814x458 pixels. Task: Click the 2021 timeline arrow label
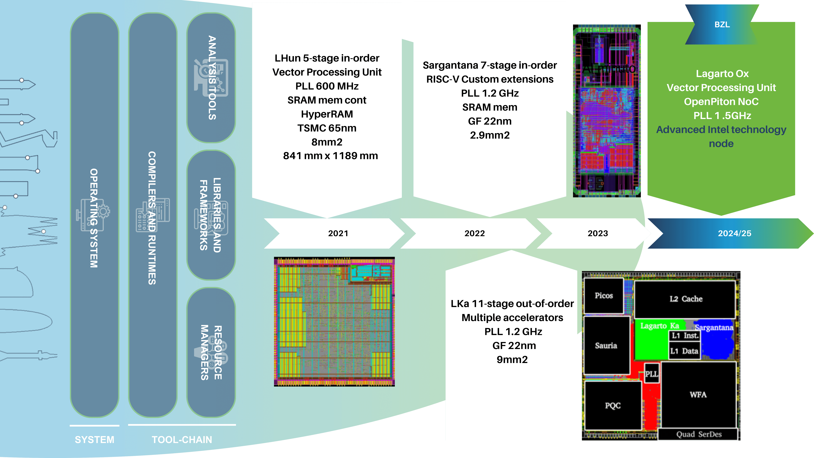click(x=338, y=233)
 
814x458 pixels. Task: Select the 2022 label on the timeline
click(x=474, y=233)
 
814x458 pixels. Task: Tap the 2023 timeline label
click(x=598, y=233)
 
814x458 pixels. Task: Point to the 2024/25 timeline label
click(x=734, y=233)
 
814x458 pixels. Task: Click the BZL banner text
click(x=722, y=25)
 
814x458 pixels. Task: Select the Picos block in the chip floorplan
click(x=604, y=296)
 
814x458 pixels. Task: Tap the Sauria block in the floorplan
click(x=606, y=346)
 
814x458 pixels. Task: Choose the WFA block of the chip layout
click(x=698, y=394)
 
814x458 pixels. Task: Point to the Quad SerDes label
click(x=699, y=434)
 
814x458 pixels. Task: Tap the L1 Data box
click(x=684, y=351)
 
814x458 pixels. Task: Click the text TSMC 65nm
click(x=327, y=128)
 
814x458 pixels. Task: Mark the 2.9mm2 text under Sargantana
click(x=489, y=135)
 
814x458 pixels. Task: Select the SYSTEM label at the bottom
click(x=94, y=440)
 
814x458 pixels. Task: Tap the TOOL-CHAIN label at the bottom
click(x=182, y=440)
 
